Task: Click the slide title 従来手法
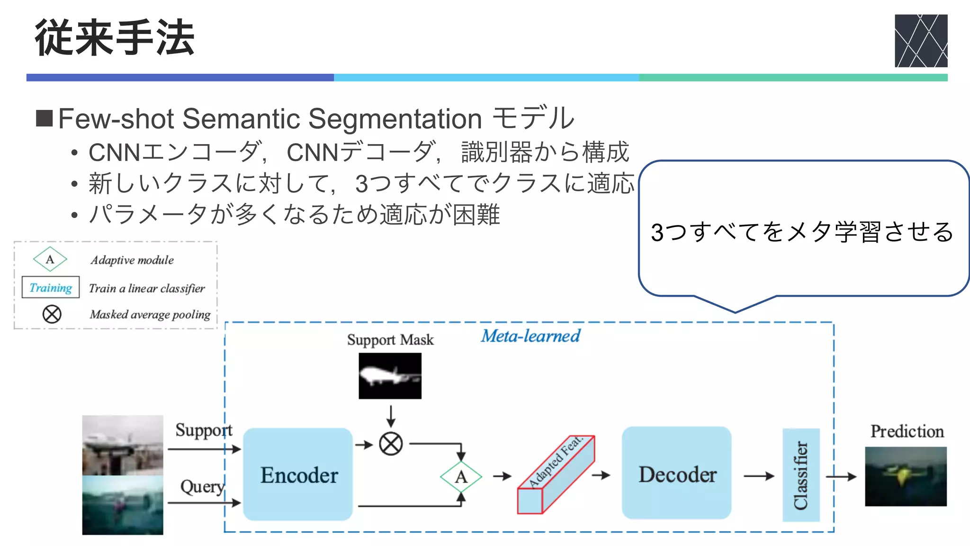tap(115, 38)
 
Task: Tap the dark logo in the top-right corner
tap(920, 41)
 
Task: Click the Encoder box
tap(298, 474)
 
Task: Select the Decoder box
tap(676, 473)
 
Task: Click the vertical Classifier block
tap(800, 475)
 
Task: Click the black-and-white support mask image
tap(390, 376)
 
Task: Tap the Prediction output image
tap(905, 476)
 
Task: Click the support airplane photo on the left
tap(123, 445)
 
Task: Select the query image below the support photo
tap(123, 505)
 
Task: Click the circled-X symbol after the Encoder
tap(391, 444)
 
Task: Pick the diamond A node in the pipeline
tap(461, 476)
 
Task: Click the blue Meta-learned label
tap(530, 336)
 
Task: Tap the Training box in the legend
tap(51, 288)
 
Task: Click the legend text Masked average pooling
tap(150, 314)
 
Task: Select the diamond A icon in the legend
tap(50, 259)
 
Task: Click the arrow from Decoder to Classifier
tap(758, 475)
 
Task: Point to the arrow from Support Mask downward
tap(391, 416)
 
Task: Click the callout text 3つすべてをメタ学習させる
tap(801, 232)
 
